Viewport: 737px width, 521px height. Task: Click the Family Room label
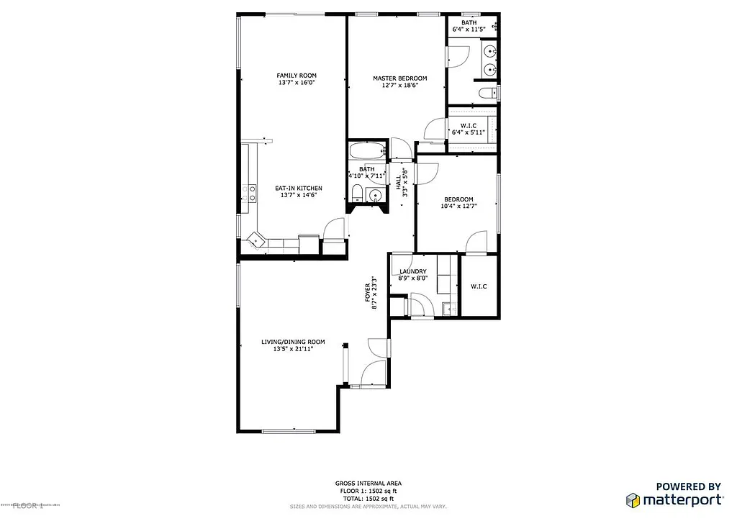coord(297,76)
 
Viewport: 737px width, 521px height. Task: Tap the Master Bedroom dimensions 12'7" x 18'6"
coord(399,86)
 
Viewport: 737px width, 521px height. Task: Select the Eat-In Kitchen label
coord(298,189)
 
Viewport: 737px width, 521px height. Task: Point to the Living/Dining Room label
coord(293,342)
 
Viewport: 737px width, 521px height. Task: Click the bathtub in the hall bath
coord(368,152)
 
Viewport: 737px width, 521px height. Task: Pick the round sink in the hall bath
coord(375,195)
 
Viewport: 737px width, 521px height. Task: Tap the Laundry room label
coord(413,271)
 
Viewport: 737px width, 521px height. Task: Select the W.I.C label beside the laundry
coord(479,286)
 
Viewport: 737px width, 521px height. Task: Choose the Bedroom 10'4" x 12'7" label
coord(458,203)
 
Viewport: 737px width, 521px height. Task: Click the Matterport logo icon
coord(633,500)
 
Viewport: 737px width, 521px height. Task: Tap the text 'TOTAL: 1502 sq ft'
coord(368,498)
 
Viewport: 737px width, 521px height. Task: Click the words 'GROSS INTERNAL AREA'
coord(368,484)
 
